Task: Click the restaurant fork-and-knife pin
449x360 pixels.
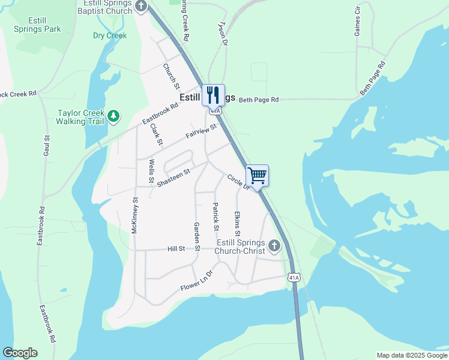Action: [x=213, y=95]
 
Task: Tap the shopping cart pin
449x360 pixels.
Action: [x=257, y=176]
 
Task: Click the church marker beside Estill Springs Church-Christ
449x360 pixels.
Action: [x=274, y=245]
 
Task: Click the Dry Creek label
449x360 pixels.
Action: [x=110, y=36]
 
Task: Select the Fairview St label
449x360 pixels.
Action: [x=200, y=131]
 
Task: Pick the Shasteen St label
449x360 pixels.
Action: [x=173, y=177]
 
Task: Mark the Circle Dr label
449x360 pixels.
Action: [x=238, y=182]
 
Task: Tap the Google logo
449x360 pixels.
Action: [x=20, y=353]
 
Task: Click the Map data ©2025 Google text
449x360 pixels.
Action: [x=411, y=355]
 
